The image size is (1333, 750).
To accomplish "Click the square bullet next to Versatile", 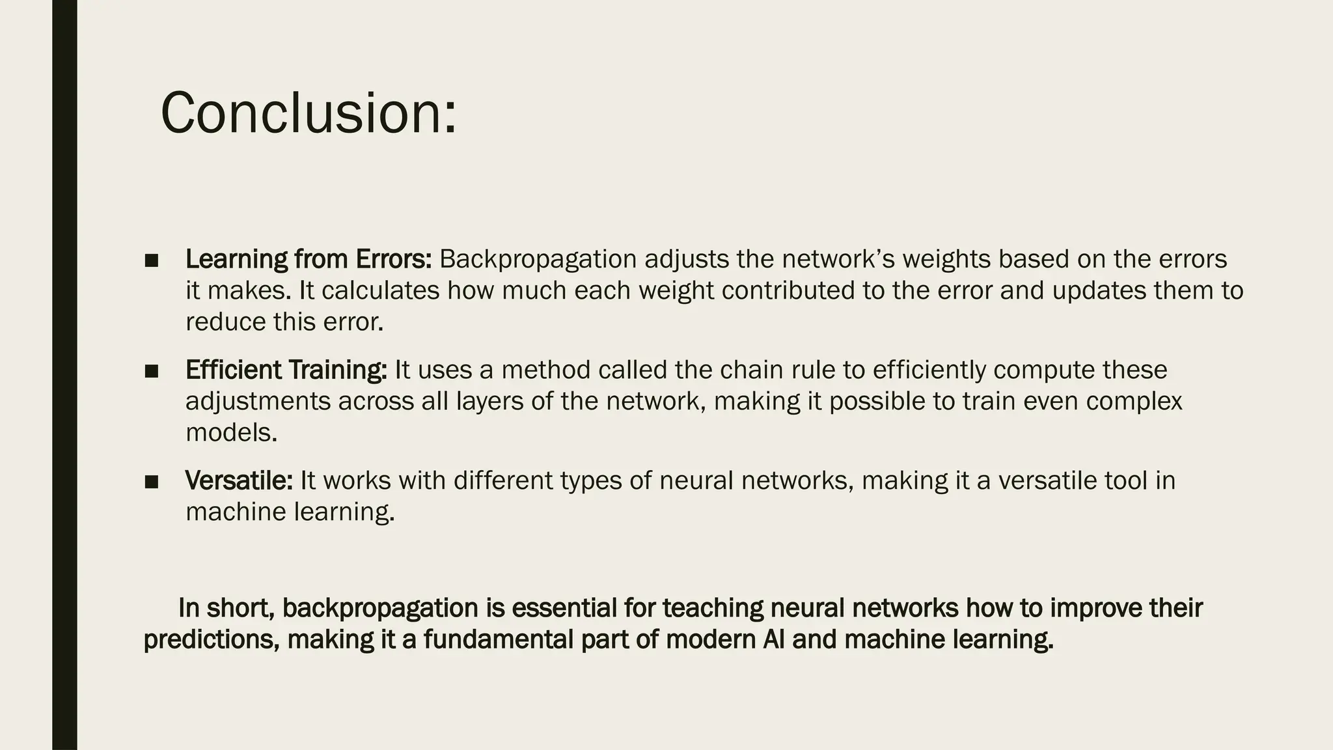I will coord(152,482).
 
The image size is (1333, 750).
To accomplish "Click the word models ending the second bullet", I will coord(231,432).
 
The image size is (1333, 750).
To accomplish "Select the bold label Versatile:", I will coord(239,480).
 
